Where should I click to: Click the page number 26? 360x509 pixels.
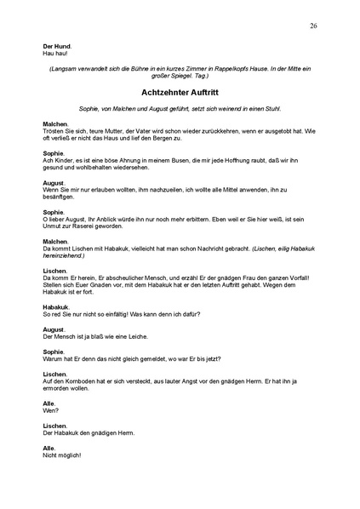[x=314, y=26]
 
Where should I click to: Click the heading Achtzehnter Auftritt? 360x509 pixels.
[x=179, y=90]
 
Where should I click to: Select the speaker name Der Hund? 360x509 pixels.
[x=57, y=46]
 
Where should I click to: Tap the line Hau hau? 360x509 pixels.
[x=54, y=53]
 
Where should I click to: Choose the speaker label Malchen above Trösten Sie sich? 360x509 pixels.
[x=55, y=123]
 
